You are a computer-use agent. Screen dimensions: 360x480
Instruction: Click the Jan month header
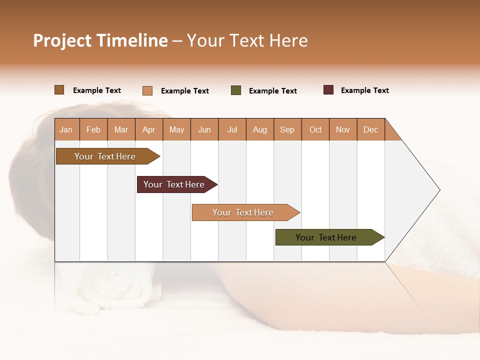[66, 129]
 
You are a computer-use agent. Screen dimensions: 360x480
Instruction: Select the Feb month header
[93, 129]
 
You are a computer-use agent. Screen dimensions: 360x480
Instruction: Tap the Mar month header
[121, 129]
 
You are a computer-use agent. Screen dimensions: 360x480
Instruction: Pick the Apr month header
[149, 129]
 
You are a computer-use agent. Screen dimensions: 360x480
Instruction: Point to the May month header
[176, 129]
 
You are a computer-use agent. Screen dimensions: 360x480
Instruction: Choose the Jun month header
[204, 129]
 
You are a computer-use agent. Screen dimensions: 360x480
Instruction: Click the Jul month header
[232, 129]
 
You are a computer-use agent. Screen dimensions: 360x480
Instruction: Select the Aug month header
[260, 129]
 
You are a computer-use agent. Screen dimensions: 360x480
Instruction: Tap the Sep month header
[287, 129]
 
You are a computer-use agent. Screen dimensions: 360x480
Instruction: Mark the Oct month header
[315, 129]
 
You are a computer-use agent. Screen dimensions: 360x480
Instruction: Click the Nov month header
[343, 129]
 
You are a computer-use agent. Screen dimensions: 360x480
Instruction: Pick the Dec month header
[371, 129]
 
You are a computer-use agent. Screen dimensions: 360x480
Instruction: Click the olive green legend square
[236, 90]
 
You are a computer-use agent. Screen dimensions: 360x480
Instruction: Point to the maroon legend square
[328, 90]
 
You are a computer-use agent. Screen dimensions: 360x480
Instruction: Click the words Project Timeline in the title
[100, 40]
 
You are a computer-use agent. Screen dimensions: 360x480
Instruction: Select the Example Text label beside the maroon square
[364, 90]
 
